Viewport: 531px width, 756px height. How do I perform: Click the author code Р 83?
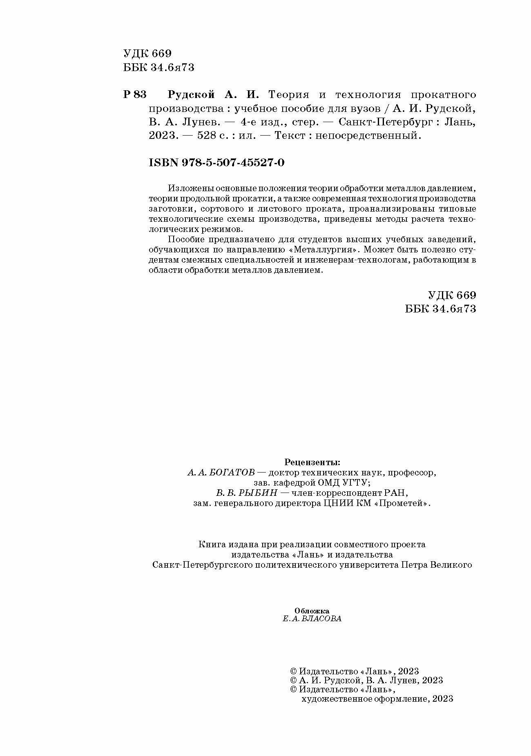[x=134, y=95]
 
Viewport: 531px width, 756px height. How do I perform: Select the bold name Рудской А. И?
[x=213, y=95]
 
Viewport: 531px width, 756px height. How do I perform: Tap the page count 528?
[x=206, y=136]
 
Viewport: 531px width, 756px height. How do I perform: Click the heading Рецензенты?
[x=312, y=462]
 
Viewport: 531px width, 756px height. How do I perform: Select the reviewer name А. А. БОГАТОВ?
[x=221, y=473]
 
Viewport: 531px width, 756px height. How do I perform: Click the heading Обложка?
[x=312, y=611]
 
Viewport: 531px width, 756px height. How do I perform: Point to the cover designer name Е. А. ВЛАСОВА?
[x=312, y=618]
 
